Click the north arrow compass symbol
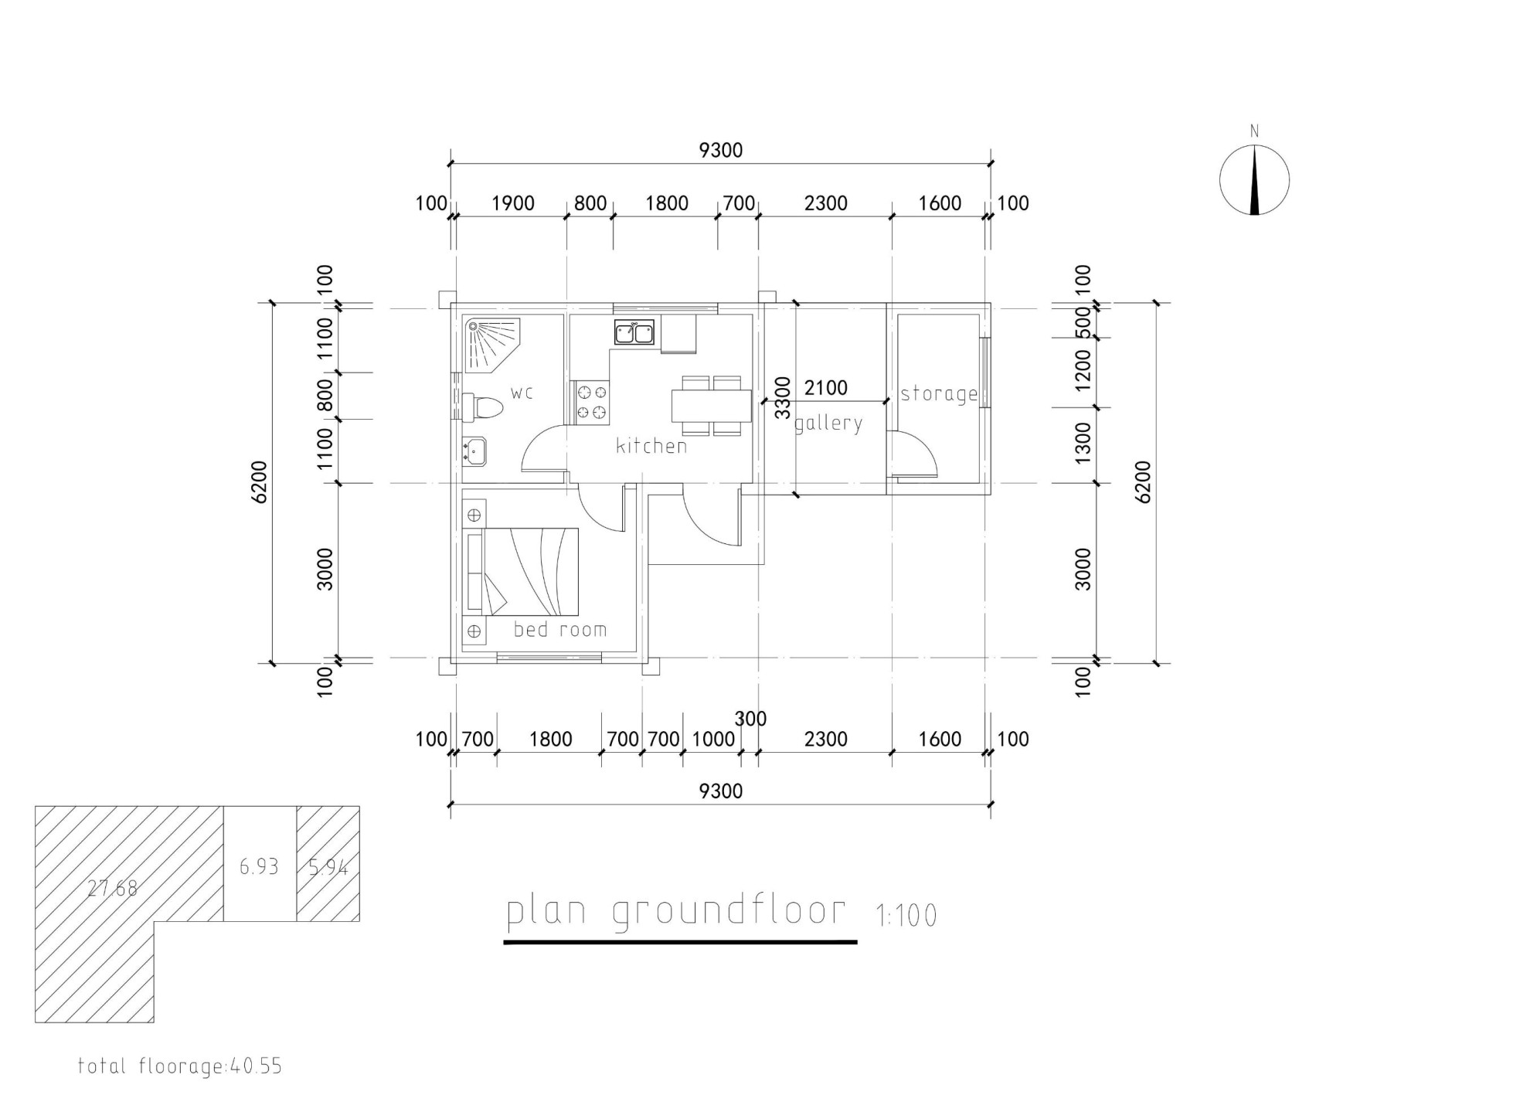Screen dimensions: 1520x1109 coord(1254,179)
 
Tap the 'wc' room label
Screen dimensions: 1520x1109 coord(522,393)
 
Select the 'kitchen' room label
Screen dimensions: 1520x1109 coord(651,445)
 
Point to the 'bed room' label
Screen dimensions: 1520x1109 coord(560,629)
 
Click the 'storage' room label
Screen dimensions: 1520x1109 coord(939,394)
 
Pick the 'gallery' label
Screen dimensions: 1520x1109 coord(828,424)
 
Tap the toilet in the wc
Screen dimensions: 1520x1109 coord(479,407)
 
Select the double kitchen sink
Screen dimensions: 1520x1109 coord(634,332)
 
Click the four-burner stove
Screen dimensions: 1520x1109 coord(591,403)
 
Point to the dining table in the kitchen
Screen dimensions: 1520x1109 coord(712,406)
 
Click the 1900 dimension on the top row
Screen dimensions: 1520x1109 coord(513,203)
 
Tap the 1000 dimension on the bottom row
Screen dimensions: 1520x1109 coord(713,740)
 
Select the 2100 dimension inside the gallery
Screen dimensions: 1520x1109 coord(826,388)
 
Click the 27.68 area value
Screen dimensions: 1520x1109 coord(112,888)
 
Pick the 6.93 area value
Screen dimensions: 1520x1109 coord(258,867)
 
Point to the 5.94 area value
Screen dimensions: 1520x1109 coord(328,867)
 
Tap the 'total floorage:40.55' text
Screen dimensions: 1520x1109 coord(180,1066)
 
